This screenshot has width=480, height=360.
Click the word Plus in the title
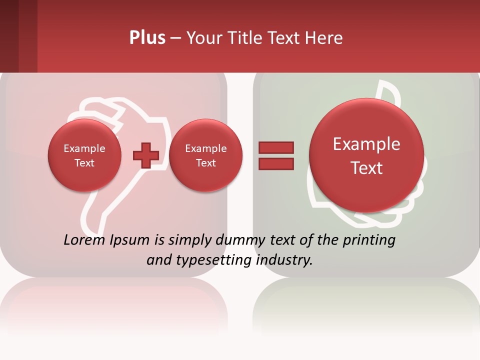[x=147, y=38]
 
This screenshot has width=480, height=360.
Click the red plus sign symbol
[x=145, y=155]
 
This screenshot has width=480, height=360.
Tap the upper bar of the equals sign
[x=275, y=147]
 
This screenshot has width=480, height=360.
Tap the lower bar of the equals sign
[x=275, y=163]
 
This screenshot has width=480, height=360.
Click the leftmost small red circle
[x=84, y=155]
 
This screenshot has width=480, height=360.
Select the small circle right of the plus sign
[x=205, y=155]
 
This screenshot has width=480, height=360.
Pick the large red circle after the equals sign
[x=366, y=155]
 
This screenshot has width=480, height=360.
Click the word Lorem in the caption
[x=85, y=240]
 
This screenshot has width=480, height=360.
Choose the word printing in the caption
[x=368, y=240]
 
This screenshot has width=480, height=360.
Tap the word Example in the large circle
[x=366, y=144]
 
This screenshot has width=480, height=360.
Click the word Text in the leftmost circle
[x=84, y=163]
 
